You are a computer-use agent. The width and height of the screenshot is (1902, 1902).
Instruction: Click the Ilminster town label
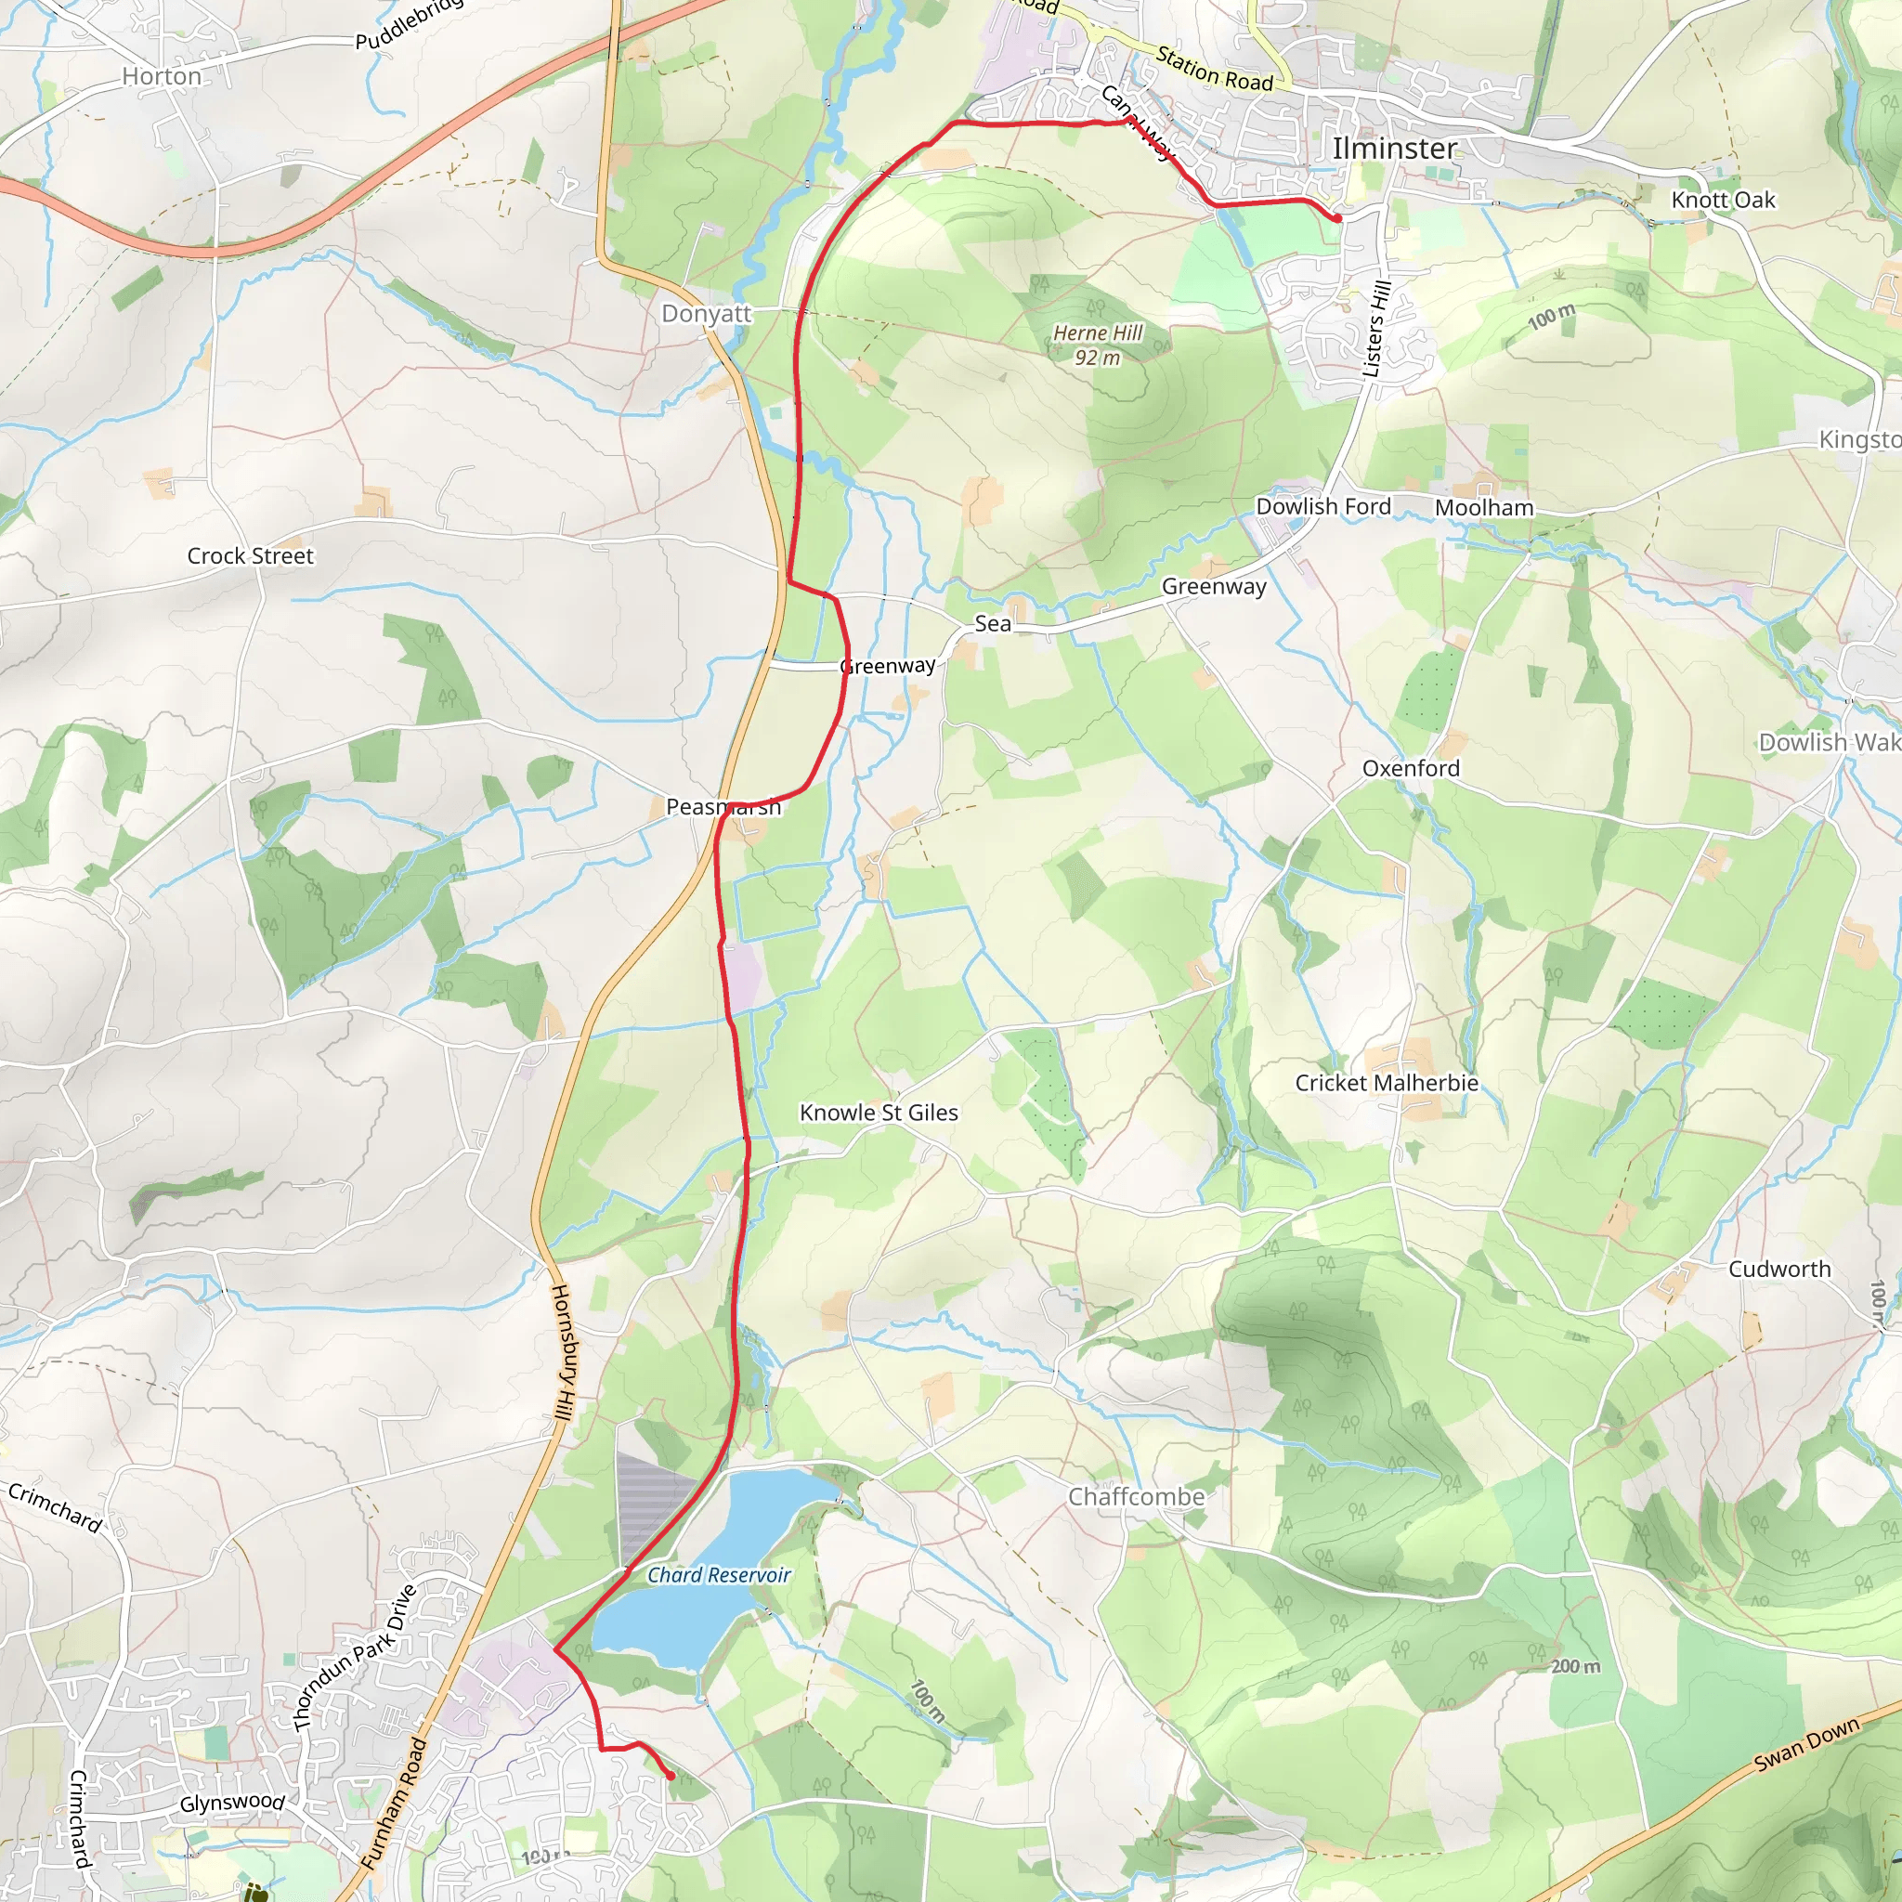(1394, 149)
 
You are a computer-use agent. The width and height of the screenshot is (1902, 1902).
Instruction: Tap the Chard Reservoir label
(719, 1575)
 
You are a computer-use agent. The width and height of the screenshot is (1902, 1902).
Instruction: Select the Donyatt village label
(706, 314)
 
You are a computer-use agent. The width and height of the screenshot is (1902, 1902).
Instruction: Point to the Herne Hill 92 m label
(1098, 345)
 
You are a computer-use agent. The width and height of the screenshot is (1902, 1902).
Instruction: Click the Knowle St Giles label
(879, 1113)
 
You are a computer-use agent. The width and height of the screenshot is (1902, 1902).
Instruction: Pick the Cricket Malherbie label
(1387, 1083)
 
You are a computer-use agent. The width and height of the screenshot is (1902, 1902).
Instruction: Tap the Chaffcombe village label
(1136, 1496)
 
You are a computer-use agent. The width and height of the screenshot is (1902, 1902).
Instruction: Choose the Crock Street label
(250, 556)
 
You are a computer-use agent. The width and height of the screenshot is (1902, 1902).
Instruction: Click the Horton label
(162, 77)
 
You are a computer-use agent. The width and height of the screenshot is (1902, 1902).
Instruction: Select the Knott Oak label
(1723, 201)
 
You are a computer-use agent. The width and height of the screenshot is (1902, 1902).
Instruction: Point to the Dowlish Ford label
(1323, 506)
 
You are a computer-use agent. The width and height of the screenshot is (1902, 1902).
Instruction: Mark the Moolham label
(1483, 508)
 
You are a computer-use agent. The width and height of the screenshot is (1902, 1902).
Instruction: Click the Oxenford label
(1411, 769)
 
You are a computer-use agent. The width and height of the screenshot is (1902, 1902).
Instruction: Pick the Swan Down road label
(1807, 1743)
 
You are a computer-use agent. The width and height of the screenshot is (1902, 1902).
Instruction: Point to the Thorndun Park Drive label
(356, 1658)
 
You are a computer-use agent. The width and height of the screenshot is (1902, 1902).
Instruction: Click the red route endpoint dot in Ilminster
(1337, 217)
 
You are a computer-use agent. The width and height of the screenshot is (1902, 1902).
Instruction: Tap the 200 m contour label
(1575, 1667)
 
